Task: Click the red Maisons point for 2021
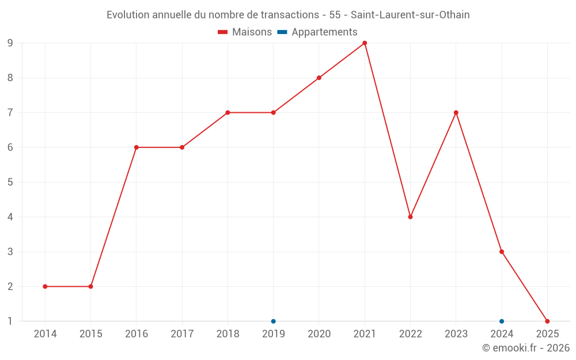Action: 365,43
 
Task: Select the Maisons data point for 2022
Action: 410,217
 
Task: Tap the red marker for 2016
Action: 137,147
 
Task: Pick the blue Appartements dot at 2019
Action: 274,321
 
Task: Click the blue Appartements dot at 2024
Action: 502,321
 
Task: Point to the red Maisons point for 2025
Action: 547,321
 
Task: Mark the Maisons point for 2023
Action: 456,113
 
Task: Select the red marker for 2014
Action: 45,286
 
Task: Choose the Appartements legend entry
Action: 324,32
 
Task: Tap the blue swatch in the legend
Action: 282,32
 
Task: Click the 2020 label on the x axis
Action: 319,334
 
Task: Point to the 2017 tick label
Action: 182,334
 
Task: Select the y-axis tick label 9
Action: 10,43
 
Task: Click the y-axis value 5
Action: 10,182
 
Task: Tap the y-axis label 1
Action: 10,321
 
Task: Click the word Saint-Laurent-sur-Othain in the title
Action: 410,15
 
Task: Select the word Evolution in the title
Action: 128,15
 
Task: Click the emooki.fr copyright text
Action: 525,348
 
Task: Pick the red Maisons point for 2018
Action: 228,113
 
